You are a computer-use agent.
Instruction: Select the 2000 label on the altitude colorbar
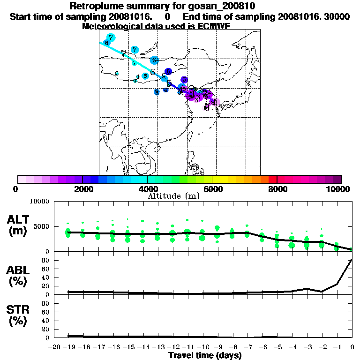coord(82,189)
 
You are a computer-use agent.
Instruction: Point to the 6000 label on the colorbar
coord(212,189)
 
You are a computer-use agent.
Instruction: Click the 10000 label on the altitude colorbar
coord(339,189)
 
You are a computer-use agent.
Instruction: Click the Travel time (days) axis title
coord(205,356)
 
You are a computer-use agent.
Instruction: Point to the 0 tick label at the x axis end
coord(352,347)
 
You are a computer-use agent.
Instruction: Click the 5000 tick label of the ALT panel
coord(40,226)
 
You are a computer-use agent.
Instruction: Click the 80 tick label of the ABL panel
coord(46,260)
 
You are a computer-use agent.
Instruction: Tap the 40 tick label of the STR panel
coord(46,321)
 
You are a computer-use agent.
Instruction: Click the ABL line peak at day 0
coord(352,260)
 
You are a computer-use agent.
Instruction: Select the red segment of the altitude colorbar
coord(272,179)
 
